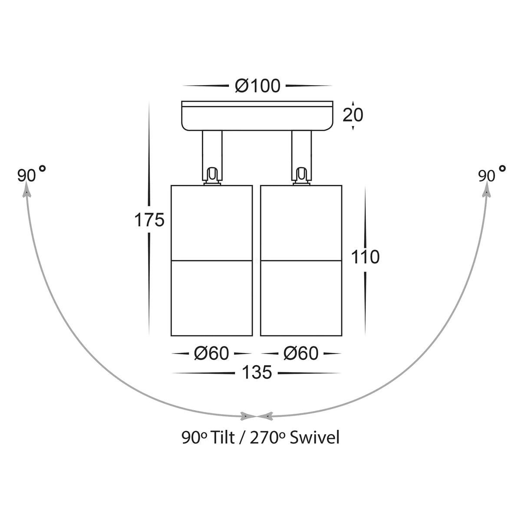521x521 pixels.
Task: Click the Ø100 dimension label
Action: pos(257,86)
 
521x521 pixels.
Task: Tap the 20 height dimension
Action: pos(353,115)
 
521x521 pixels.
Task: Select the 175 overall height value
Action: pos(149,220)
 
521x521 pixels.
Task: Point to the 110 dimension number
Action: pos(365,257)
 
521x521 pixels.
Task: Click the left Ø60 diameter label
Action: pos(211,353)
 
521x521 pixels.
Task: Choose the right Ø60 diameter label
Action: pos(301,353)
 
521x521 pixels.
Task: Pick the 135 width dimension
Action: pos(257,372)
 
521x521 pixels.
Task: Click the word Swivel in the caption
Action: pos(314,438)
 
